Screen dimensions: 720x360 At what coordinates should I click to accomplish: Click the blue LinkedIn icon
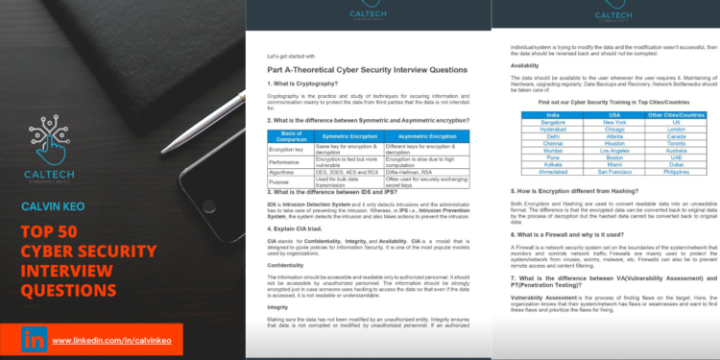pyautogui.click(x=36, y=339)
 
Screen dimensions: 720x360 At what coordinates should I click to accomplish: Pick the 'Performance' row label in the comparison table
pyautogui.click(x=289, y=163)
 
